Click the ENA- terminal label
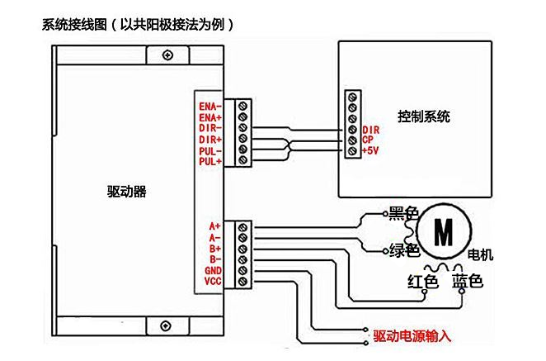pos(210,107)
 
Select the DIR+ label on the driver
pos(209,140)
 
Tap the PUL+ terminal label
pos(209,162)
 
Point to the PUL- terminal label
pos(209,151)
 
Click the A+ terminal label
pos(214,226)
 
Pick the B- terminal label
pos(214,259)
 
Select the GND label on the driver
pos(213,270)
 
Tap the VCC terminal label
pos(213,281)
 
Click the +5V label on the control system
pos(370,150)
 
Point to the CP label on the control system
pos(368,140)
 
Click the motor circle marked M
pos(443,232)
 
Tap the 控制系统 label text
pos(423,116)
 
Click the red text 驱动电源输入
pos(412,335)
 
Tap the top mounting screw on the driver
pos(168,55)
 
